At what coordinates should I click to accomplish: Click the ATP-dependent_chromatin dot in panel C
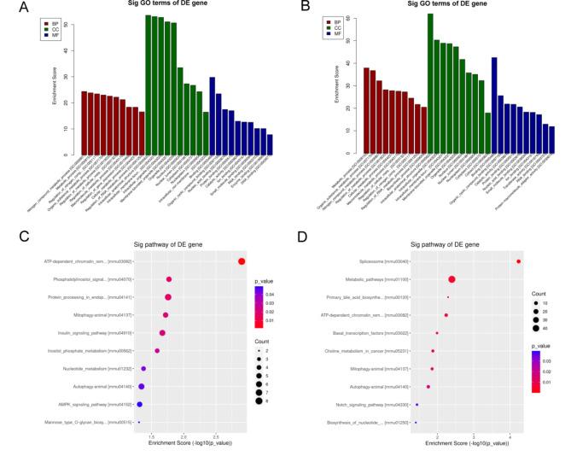pyautogui.click(x=242, y=261)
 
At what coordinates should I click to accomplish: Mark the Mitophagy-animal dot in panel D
pyautogui.click(x=432, y=369)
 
